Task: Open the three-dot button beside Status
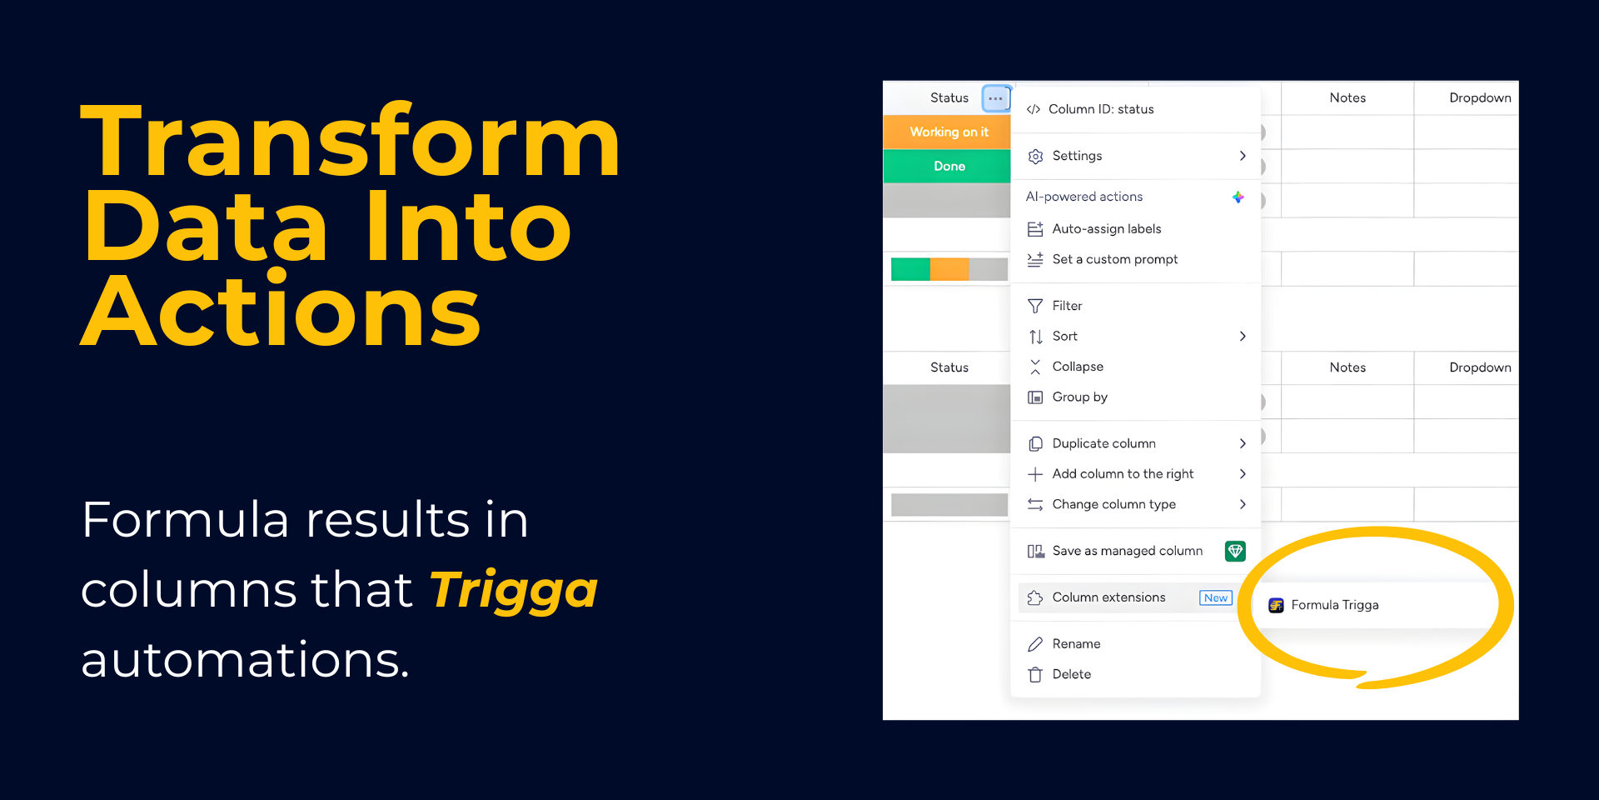[x=996, y=98]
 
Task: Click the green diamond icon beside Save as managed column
[x=1235, y=551]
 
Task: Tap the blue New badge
[x=1216, y=597]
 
